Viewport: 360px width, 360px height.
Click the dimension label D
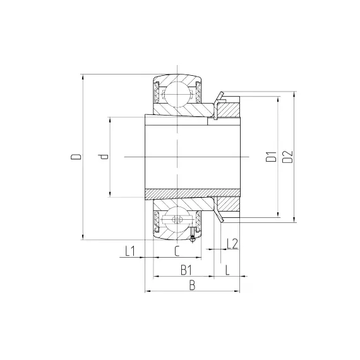[76, 157]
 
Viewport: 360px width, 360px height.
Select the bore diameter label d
[103, 157]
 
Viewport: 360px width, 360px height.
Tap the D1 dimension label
[271, 157]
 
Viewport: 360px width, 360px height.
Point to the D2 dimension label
[287, 157]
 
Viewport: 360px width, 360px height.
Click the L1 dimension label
[130, 251]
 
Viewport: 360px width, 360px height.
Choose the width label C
[177, 251]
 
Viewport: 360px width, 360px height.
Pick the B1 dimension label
[186, 270]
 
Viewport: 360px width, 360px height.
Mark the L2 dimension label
[232, 244]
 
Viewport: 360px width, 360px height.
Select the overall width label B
[192, 285]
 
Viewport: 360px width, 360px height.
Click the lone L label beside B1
[227, 270]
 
